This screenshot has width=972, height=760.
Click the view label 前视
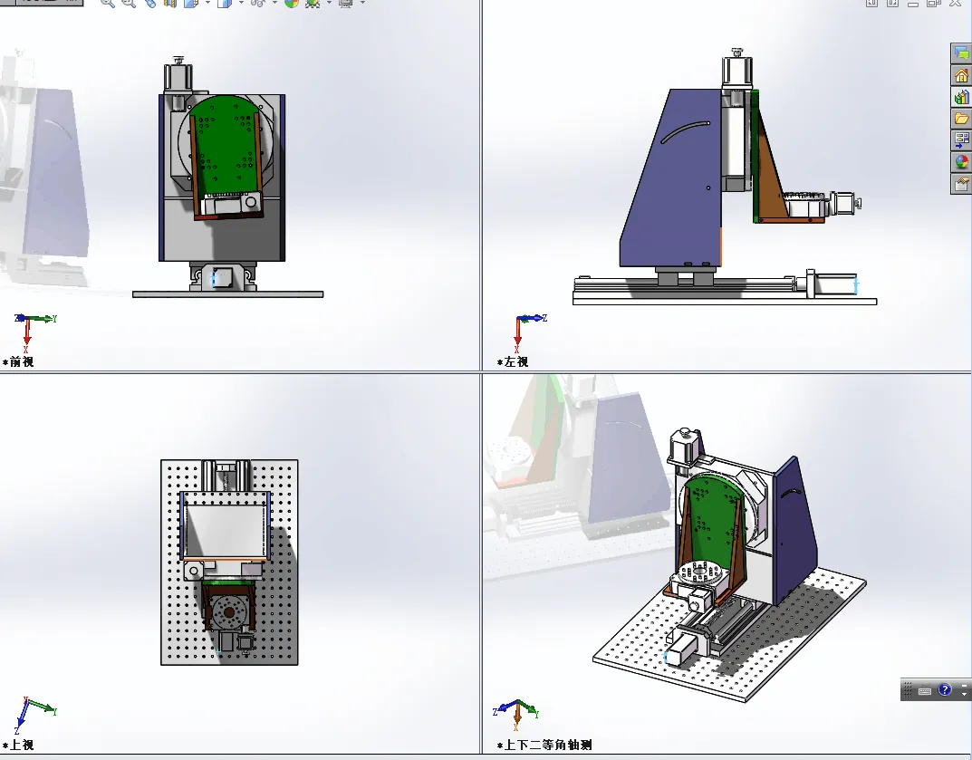coord(22,361)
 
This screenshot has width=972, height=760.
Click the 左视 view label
coord(516,361)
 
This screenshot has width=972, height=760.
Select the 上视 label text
coord(22,745)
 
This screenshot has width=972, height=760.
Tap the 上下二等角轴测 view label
coord(548,745)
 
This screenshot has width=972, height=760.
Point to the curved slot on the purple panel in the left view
coord(684,131)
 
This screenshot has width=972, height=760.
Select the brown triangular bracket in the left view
coord(772,179)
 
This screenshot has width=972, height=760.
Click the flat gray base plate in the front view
coord(227,294)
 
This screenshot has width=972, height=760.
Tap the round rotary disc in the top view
coord(229,612)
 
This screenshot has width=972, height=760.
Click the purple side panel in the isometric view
coord(794,528)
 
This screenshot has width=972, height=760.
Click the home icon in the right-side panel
coord(961,75)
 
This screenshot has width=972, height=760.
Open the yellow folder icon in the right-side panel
coord(961,118)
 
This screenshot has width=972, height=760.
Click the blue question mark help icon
coord(944,689)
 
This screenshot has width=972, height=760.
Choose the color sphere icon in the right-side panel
coord(961,162)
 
